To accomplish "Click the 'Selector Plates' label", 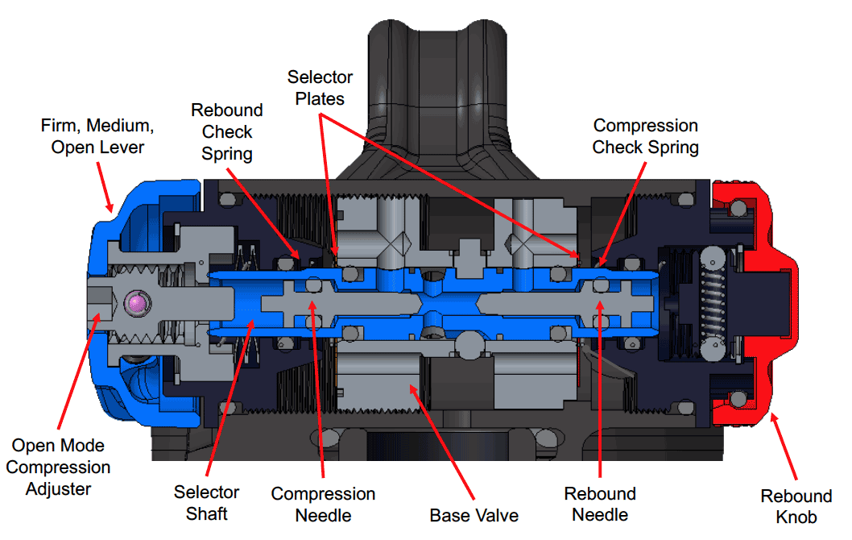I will click(x=321, y=88).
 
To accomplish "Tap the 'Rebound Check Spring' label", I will click(x=226, y=131).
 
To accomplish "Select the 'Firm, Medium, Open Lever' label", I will click(x=97, y=136).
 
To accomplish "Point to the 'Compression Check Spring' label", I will click(x=645, y=136).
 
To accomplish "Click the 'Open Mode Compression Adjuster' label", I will click(x=60, y=467).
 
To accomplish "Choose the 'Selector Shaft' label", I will click(x=207, y=502).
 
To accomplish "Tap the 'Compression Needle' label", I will click(x=323, y=504).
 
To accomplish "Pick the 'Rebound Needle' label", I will click(x=600, y=504).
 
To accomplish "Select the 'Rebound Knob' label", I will click(x=796, y=506).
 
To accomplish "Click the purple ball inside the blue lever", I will click(x=139, y=302).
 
